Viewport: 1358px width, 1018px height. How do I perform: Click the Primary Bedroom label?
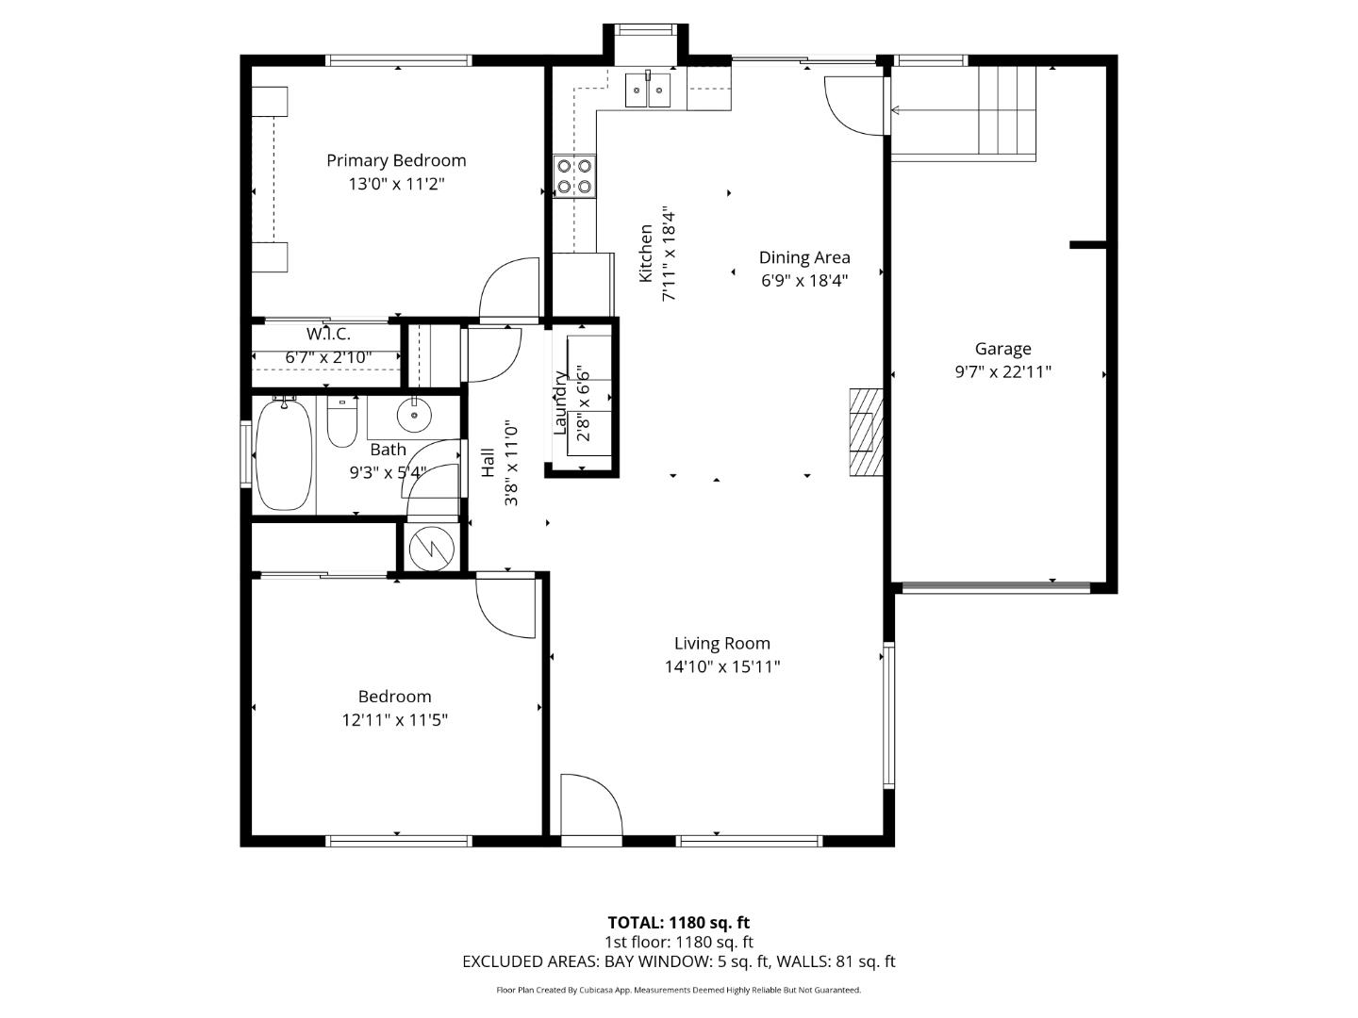(396, 160)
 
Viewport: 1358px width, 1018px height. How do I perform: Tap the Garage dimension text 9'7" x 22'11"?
(1002, 371)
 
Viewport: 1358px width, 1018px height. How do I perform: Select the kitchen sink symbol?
(648, 90)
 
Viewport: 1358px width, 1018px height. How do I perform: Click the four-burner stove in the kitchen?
(574, 175)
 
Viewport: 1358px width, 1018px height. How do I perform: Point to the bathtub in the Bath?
(284, 454)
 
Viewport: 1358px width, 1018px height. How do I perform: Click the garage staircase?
(1006, 110)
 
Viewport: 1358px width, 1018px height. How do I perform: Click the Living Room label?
(721, 644)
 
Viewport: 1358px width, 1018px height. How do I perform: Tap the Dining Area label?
(804, 257)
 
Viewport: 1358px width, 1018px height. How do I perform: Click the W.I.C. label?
(328, 334)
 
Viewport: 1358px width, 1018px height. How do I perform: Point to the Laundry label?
(560, 402)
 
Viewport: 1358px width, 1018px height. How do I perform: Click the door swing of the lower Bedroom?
(505, 603)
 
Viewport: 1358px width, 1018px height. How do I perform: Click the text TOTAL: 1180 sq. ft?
(678, 923)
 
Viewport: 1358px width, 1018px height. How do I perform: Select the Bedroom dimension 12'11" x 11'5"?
(394, 720)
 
